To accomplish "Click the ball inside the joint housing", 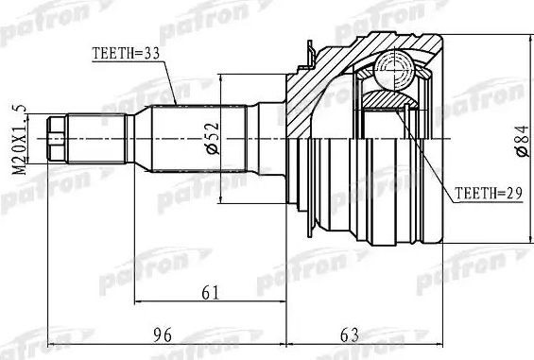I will pyautogui.click(x=390, y=68).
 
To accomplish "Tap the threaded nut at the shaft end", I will pyautogui.click(x=55, y=136).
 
